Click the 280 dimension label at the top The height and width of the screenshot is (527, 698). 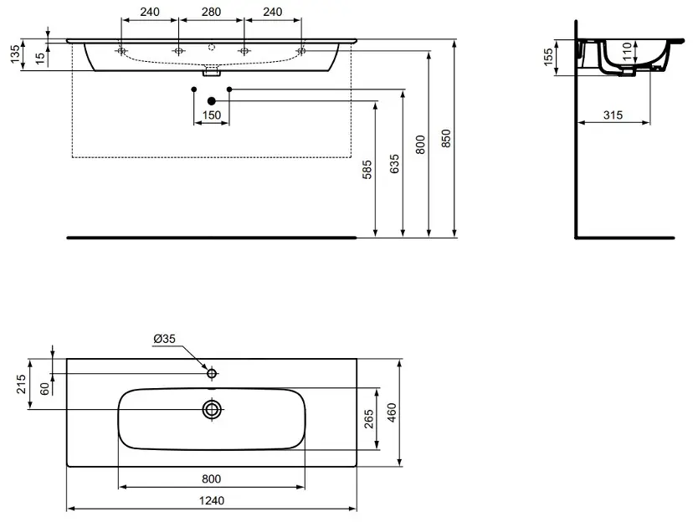(212, 12)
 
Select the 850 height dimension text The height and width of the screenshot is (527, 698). (446, 138)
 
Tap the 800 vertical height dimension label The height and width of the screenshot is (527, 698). (421, 145)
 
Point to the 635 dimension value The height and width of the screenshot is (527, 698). (394, 164)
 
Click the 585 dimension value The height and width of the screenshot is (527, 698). (367, 170)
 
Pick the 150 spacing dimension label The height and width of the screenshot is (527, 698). (212, 115)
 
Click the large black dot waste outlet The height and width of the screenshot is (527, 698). (212, 101)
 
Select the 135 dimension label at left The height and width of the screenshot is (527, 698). (15, 54)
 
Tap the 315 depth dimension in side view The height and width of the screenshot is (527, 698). (613, 115)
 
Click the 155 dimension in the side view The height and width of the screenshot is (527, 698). (548, 57)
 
